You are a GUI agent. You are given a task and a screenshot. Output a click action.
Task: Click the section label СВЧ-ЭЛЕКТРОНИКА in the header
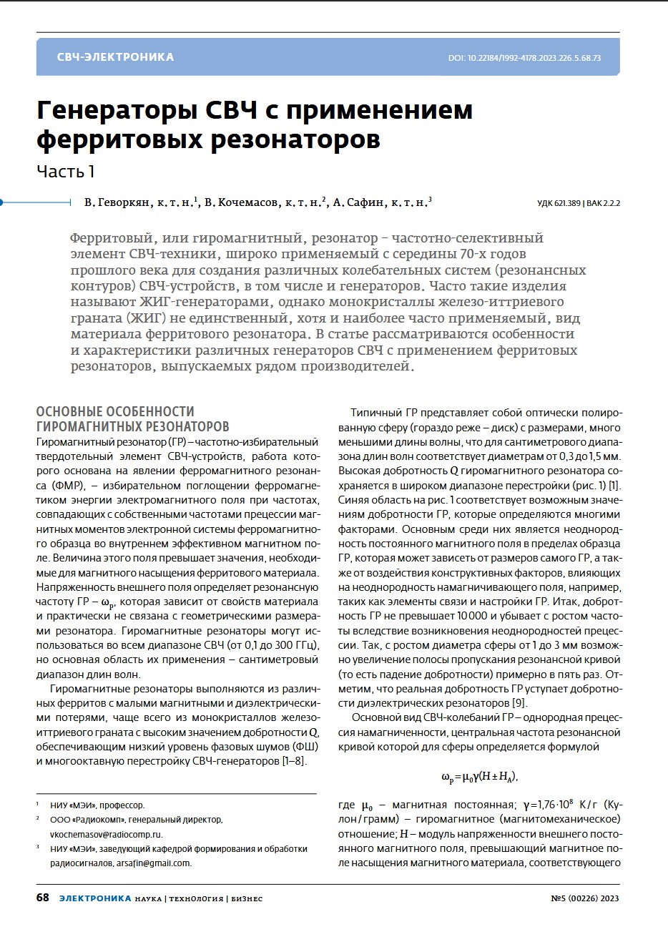point(115,57)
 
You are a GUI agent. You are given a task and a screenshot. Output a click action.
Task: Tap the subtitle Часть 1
point(66,172)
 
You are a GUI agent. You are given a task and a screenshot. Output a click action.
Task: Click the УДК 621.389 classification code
point(559,204)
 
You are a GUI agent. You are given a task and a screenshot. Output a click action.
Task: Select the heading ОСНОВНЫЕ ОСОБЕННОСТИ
point(115,411)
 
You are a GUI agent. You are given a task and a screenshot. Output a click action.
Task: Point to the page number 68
point(43,898)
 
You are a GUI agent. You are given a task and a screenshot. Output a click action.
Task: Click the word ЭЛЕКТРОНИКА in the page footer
point(95,898)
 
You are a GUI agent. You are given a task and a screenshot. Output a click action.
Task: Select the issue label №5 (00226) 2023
point(585,898)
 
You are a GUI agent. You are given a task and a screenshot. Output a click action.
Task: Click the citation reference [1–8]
point(291,760)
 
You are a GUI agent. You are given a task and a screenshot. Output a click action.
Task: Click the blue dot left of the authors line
point(2,202)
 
